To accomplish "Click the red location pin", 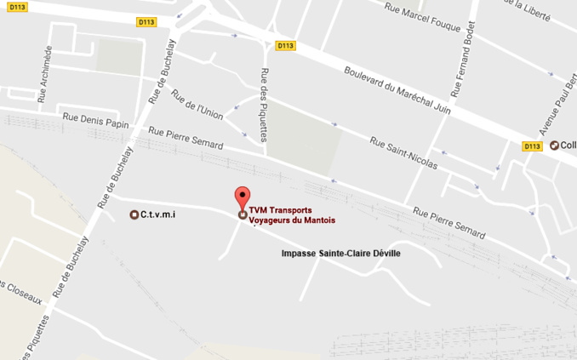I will pyautogui.click(x=243, y=197).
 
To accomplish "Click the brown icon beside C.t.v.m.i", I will pyautogui.click(x=134, y=214).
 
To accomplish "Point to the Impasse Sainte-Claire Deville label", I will pyautogui.click(x=340, y=254).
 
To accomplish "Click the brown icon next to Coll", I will pyautogui.click(x=555, y=145).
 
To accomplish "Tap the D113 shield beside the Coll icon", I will pyautogui.click(x=532, y=146).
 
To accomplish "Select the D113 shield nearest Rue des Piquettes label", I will pyautogui.click(x=285, y=46).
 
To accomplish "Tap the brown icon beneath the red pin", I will pyautogui.click(x=243, y=214).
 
